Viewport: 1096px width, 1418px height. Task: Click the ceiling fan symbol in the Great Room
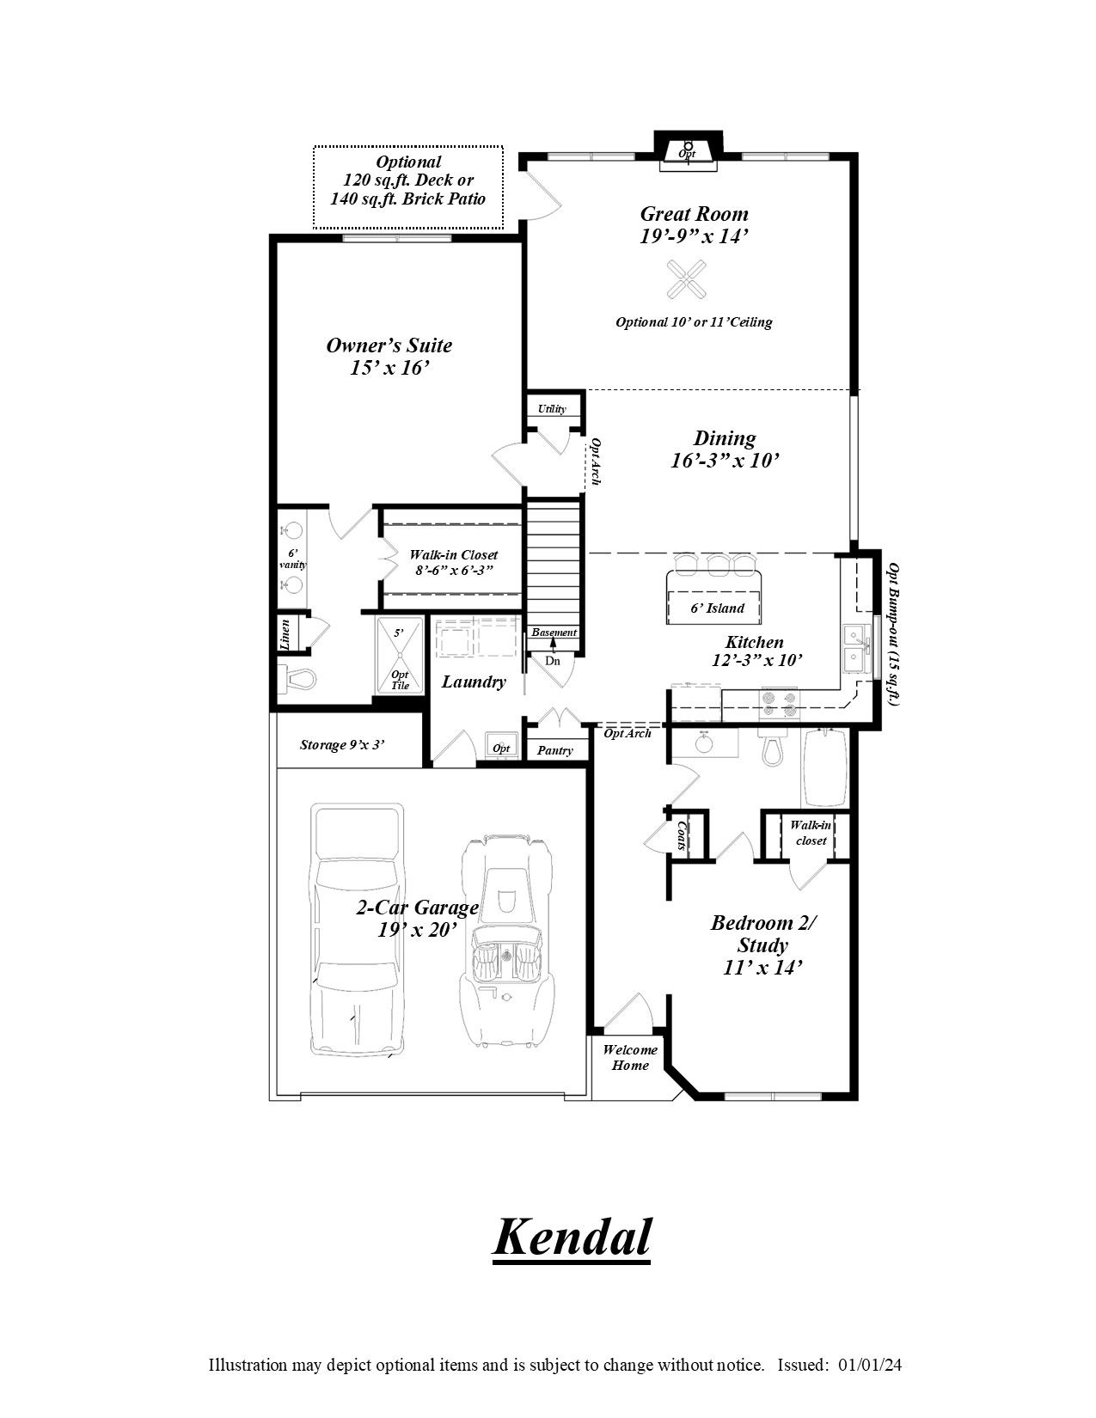point(688,280)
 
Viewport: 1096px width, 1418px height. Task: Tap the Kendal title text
point(571,1238)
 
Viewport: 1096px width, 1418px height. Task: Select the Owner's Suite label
point(389,356)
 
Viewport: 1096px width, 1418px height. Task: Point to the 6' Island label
point(717,608)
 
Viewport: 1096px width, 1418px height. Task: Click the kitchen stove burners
point(778,704)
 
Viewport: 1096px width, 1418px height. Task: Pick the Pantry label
point(554,750)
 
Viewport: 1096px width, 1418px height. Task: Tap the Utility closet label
point(552,409)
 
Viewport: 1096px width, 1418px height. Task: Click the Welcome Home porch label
point(629,1058)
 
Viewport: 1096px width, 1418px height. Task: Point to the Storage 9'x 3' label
point(341,745)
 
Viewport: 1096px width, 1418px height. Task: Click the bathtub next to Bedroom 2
point(824,767)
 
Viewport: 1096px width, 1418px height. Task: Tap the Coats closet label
point(682,835)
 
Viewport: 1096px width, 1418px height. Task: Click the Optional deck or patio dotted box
point(407,187)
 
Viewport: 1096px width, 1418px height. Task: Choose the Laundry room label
point(474,682)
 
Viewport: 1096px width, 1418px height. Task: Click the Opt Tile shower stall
point(400,655)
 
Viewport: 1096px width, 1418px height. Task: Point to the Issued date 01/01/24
point(869,1365)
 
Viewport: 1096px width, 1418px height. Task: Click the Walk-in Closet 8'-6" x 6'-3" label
point(453,562)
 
